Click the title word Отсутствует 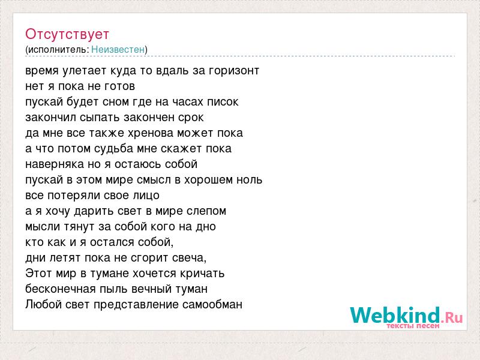click(67, 34)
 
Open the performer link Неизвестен click(118, 49)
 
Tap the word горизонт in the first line click(234, 71)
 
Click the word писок click(223, 102)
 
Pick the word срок click(191, 118)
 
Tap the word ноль click(250, 179)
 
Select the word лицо click(146, 196)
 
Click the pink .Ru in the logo click(452, 317)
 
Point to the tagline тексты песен click(413, 326)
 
